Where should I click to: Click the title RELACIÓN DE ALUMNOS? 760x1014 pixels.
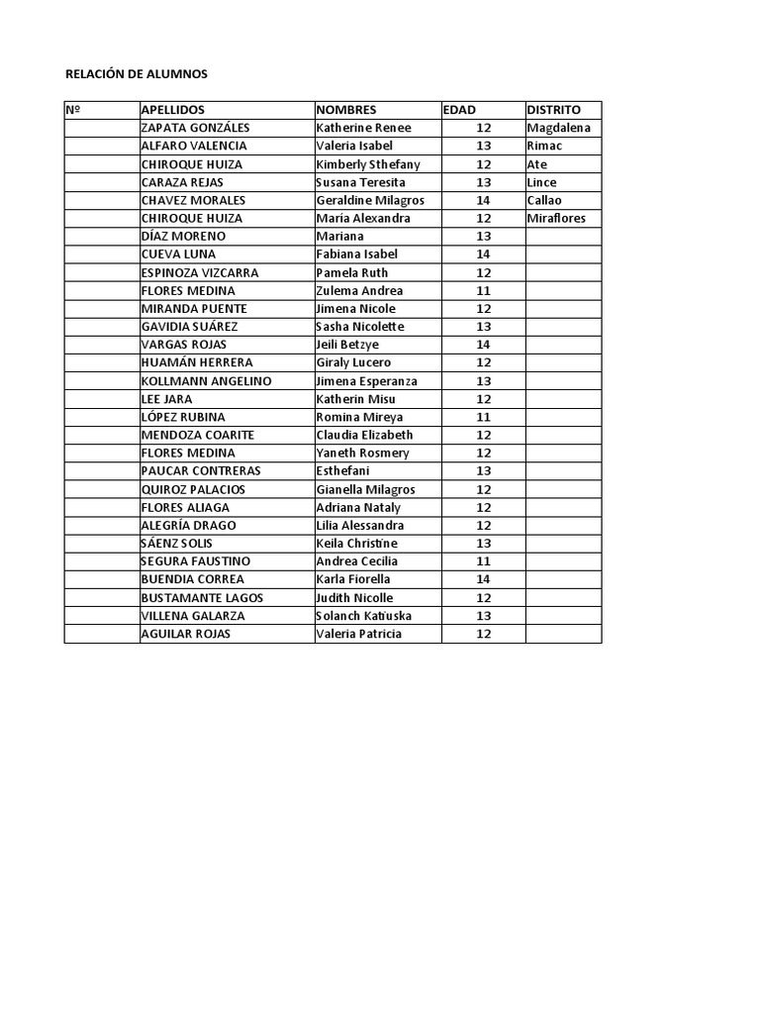[x=137, y=73]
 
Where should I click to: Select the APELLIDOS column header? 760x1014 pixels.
[x=173, y=110]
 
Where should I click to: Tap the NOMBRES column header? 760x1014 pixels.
[x=346, y=110]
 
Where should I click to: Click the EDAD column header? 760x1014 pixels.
[x=459, y=110]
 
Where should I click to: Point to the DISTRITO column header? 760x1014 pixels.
[x=554, y=110]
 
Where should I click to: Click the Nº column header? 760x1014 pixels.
[x=73, y=110]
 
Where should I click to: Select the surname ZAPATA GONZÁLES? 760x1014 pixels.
[x=196, y=128]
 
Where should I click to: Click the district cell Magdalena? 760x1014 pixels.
[x=559, y=128]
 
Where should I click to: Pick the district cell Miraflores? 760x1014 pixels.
[x=557, y=218]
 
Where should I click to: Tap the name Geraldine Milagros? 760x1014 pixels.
[x=370, y=200]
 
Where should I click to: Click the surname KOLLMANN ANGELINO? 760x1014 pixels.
[x=206, y=381]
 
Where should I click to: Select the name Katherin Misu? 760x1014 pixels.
[x=355, y=399]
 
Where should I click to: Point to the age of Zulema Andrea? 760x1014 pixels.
[x=484, y=291]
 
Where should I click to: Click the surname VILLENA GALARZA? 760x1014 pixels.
[x=193, y=616]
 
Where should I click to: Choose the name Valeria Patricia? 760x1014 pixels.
[x=359, y=634]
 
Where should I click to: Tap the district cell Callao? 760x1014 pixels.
[x=544, y=200]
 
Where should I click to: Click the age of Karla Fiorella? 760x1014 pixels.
[x=484, y=579]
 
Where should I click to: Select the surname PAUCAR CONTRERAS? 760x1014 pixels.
[x=201, y=471]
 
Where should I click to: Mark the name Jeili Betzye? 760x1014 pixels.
[x=347, y=345]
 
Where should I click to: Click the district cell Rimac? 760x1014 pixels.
[x=544, y=146]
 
